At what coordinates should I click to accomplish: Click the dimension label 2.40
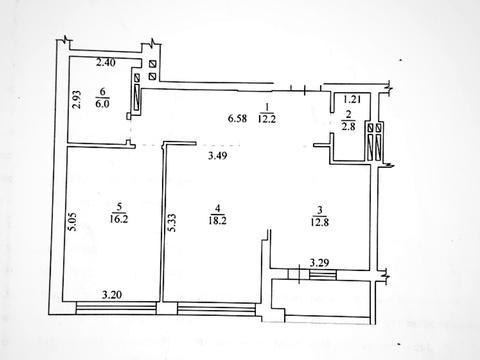click(106, 62)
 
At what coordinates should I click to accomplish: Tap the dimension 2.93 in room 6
click(77, 100)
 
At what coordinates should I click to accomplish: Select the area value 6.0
click(102, 104)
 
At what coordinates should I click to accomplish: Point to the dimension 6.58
click(237, 118)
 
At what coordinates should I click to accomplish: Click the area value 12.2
click(267, 119)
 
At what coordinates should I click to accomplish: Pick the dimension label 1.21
click(352, 99)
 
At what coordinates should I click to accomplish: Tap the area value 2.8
click(348, 127)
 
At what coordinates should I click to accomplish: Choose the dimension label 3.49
click(218, 155)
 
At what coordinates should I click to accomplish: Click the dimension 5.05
click(73, 222)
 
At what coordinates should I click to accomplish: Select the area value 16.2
click(119, 219)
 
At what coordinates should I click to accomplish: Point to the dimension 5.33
click(172, 223)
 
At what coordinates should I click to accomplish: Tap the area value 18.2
click(217, 220)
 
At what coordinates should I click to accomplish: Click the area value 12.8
click(320, 222)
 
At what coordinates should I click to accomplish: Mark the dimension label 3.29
click(319, 263)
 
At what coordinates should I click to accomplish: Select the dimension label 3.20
click(112, 295)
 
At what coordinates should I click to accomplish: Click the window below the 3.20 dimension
click(116, 308)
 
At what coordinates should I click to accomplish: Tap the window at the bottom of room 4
click(217, 309)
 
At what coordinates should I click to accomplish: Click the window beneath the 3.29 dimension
click(323, 275)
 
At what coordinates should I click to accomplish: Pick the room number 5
click(119, 207)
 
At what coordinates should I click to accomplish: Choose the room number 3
click(320, 210)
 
